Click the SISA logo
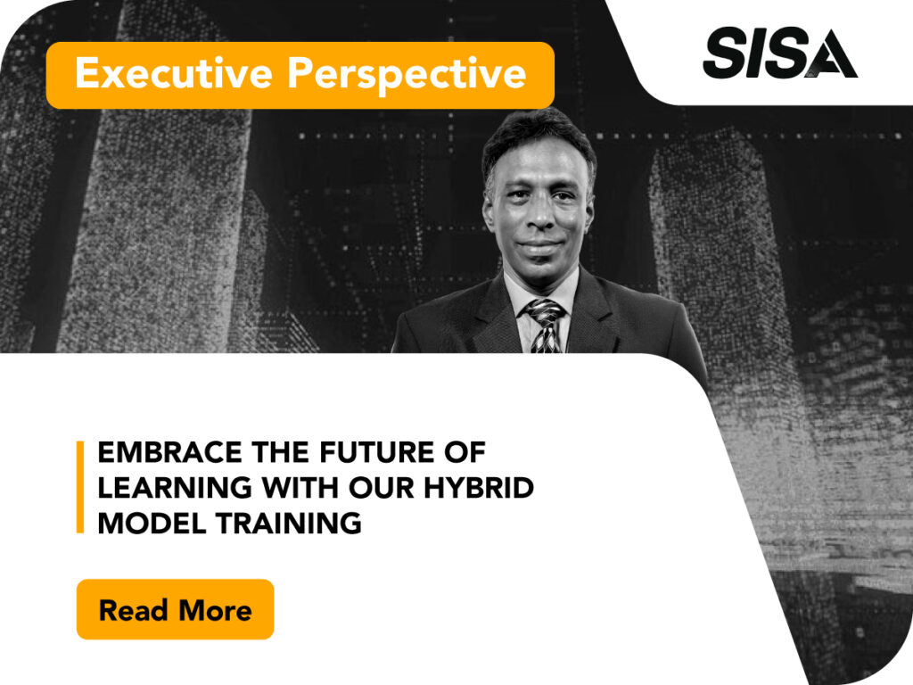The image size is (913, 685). click(779, 53)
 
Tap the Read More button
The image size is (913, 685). click(176, 609)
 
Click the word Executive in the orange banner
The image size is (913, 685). click(174, 73)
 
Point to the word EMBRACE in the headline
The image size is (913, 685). click(169, 452)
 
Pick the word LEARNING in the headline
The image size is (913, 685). click(175, 488)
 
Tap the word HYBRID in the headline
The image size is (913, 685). click(478, 488)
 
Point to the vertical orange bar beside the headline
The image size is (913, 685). click(80, 487)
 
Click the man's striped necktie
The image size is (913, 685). click(546, 326)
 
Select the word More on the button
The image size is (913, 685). click(216, 610)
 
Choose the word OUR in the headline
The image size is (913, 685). click(380, 488)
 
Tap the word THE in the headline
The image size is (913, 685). click(281, 452)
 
